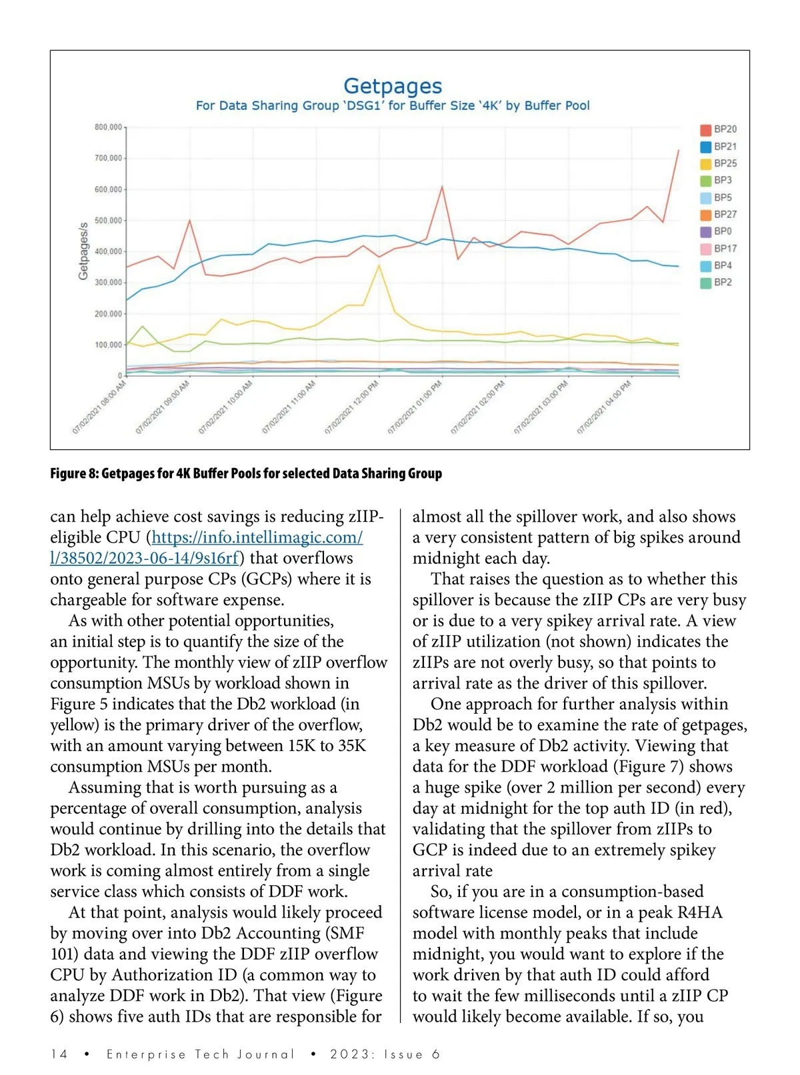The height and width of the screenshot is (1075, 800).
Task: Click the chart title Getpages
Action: (392, 86)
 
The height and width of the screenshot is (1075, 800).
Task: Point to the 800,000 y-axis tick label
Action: (108, 127)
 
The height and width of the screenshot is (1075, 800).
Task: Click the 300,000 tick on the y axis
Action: (108, 283)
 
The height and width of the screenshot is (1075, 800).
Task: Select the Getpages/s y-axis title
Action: (83, 251)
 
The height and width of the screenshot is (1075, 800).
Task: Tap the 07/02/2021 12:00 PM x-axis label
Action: (352, 408)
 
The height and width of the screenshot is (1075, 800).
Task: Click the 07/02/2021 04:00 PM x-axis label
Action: (604, 408)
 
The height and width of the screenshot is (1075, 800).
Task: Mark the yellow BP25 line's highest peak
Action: (379, 265)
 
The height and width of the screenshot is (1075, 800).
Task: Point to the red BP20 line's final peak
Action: (678, 151)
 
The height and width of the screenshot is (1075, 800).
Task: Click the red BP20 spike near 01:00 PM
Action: (442, 187)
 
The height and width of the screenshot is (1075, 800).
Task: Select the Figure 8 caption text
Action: (246, 473)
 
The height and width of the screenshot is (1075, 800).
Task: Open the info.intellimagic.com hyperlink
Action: (257, 537)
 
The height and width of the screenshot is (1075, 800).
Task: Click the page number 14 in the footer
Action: (59, 1054)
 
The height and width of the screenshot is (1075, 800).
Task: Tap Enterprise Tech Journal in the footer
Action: (200, 1054)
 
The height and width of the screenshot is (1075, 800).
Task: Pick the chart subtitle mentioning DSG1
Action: (392, 105)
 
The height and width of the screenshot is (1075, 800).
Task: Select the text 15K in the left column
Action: (301, 746)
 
